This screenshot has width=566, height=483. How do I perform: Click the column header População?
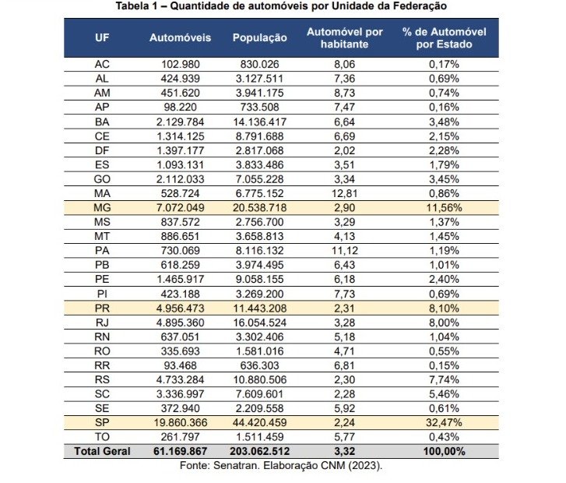tap(259, 38)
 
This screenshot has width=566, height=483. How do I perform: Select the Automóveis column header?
tap(180, 38)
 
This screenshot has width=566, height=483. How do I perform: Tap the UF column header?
tap(102, 38)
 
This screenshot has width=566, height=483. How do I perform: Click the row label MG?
tap(102, 208)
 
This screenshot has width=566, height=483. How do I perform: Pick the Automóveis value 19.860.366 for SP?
tap(180, 422)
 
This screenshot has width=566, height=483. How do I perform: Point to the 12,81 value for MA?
tap(345, 194)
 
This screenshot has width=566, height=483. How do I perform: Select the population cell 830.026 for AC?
tap(259, 65)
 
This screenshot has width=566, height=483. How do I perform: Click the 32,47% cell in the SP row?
tap(444, 422)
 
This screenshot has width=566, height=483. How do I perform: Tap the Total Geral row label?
tap(102, 451)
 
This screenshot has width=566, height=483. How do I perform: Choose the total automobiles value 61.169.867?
tap(180, 451)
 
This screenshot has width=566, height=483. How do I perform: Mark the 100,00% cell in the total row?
tap(444, 451)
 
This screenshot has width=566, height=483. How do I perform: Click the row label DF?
tap(102, 150)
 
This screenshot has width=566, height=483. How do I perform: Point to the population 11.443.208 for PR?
tap(259, 308)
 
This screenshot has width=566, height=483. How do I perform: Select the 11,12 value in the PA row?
tap(345, 251)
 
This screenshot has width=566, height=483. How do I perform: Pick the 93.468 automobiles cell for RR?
tap(180, 365)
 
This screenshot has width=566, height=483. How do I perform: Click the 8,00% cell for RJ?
tap(444, 323)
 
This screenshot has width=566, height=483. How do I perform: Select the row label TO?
tap(102, 437)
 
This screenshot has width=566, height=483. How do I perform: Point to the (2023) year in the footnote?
tap(365, 465)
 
